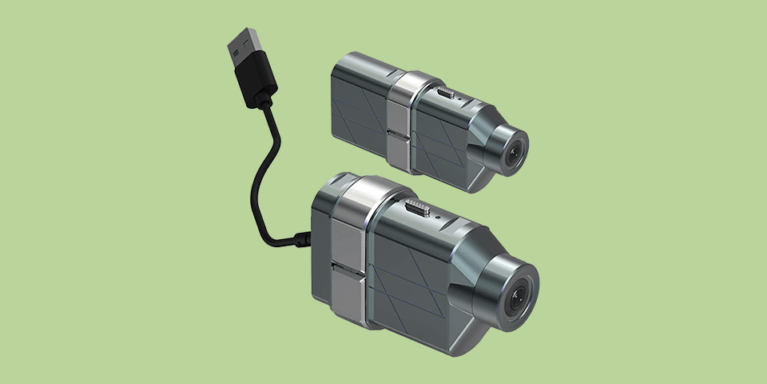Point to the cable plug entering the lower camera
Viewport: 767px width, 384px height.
point(301,238)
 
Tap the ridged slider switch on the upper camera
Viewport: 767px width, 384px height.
point(446,94)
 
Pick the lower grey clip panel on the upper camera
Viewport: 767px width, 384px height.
point(397,148)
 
